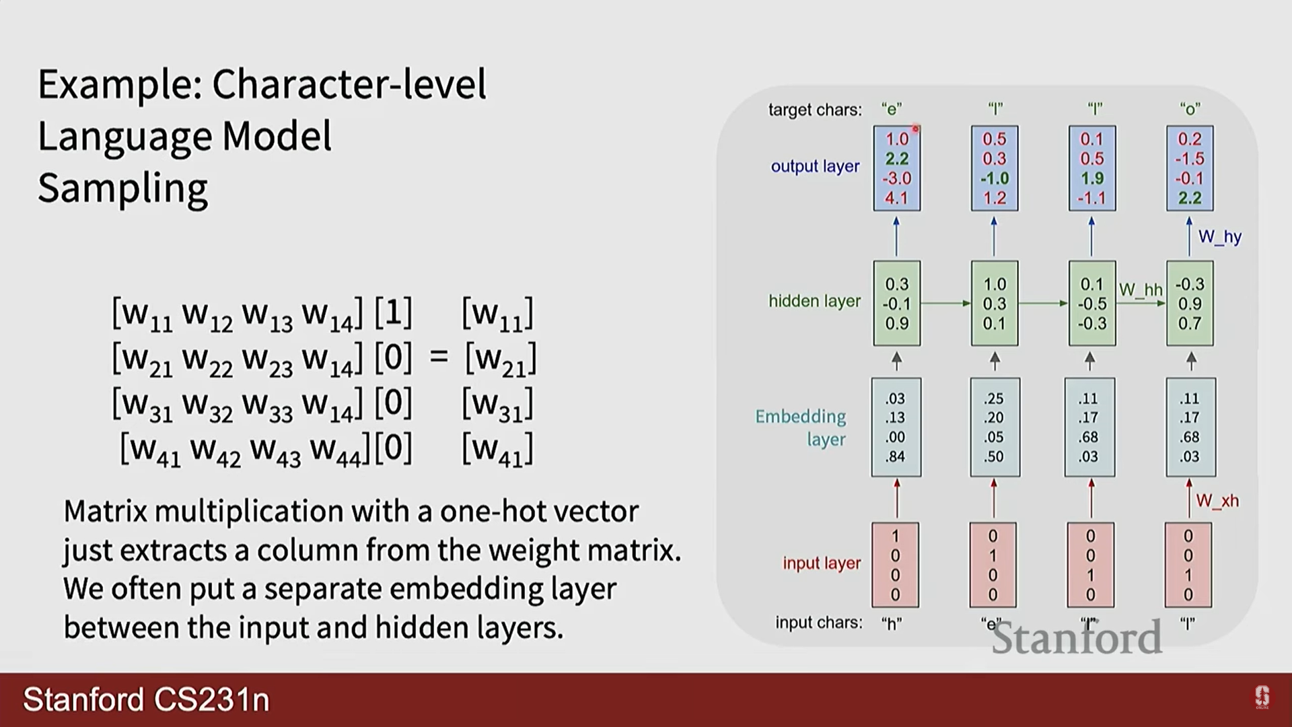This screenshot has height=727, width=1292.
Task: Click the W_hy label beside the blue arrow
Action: click(1219, 237)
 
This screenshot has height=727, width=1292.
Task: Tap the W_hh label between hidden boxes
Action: click(1141, 290)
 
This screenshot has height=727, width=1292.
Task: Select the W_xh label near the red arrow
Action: click(1217, 501)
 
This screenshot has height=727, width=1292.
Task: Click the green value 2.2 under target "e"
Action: click(896, 159)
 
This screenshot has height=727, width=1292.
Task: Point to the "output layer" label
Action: click(815, 166)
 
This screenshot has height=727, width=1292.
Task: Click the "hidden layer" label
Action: click(814, 301)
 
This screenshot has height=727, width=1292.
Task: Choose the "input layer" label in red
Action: click(822, 563)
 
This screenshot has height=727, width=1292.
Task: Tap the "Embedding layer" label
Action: click(801, 427)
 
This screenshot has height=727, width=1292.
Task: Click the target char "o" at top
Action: click(1190, 109)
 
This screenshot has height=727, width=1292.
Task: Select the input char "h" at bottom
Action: click(891, 624)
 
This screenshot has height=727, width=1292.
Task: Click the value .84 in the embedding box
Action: click(895, 456)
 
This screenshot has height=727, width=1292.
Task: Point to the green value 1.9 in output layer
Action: click(1091, 178)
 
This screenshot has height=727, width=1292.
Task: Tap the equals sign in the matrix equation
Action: click(439, 357)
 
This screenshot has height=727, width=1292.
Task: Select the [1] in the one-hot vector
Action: click(393, 313)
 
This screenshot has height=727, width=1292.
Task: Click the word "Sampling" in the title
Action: click(123, 188)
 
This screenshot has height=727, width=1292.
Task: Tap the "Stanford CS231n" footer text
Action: click(146, 699)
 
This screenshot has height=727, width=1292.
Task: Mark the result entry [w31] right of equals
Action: click(498, 405)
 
